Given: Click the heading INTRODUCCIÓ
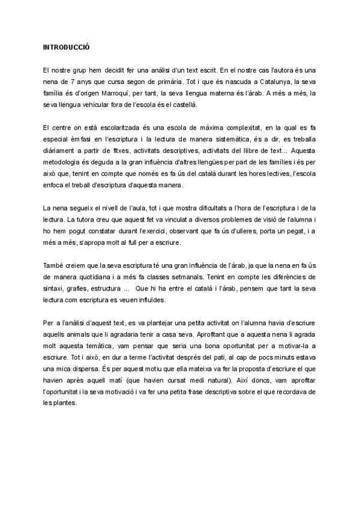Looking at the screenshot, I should (x=67, y=47).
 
